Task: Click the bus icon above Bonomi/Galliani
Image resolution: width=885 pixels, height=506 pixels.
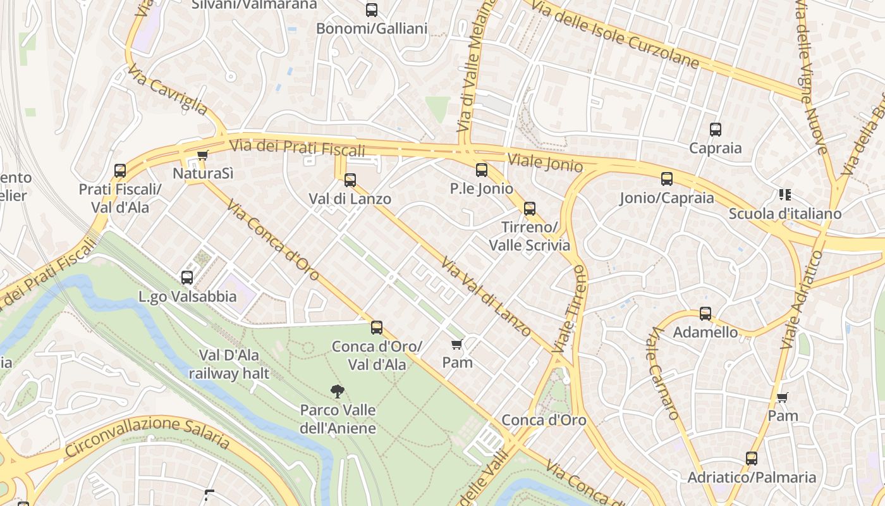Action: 372,10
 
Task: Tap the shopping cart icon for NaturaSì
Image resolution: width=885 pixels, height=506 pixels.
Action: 202,155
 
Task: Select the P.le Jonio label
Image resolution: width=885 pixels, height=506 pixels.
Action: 482,188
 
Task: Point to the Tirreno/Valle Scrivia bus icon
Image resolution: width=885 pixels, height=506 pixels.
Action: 530,208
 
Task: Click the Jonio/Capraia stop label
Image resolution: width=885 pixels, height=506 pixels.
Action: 667,198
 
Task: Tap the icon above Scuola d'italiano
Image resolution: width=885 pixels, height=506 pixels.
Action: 785,195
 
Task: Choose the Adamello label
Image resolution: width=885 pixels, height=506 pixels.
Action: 705,332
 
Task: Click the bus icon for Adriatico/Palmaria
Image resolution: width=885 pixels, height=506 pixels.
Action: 752,459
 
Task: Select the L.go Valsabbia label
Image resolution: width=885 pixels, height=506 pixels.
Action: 187,296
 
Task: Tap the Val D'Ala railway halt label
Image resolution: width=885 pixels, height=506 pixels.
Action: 229,364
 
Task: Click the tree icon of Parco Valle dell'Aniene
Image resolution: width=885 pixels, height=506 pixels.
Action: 338,392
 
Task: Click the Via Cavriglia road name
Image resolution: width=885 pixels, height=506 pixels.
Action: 168,90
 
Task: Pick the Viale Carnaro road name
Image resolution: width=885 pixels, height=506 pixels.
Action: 662,373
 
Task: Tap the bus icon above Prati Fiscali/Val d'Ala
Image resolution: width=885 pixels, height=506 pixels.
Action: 120,170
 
